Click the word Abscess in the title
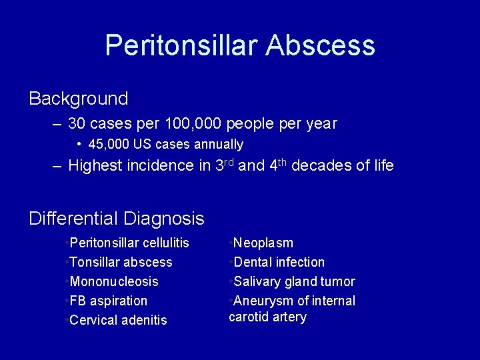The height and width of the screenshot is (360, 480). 320,45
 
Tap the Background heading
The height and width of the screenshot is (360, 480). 79,99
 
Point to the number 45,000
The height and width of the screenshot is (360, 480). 109,144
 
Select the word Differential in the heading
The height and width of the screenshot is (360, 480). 73,218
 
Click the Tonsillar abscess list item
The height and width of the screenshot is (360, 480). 121,262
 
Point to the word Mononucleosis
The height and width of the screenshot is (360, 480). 114,281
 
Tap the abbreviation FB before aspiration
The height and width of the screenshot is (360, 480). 78,301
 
